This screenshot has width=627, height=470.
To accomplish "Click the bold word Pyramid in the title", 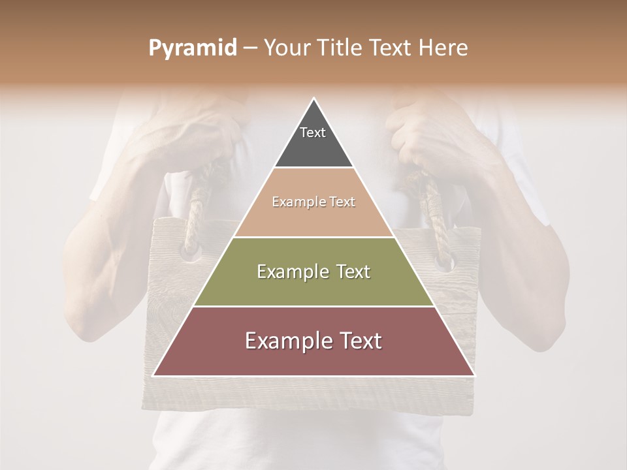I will tap(192, 48).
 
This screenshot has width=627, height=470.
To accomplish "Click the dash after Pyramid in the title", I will tap(250, 49).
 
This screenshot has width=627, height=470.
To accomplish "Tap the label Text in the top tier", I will tap(313, 133).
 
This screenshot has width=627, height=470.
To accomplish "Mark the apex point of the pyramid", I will tap(314, 99).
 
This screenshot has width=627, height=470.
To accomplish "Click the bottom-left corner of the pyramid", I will tap(153, 375).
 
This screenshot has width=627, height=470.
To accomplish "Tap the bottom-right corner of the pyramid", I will tap(475, 375).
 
